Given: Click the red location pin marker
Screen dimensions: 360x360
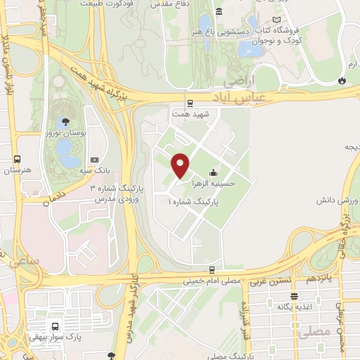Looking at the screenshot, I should (x=181, y=165).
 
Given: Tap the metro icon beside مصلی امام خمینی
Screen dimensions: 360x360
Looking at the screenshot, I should (x=212, y=270).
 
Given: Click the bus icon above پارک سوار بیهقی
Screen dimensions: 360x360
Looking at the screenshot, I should (x=54, y=326).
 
